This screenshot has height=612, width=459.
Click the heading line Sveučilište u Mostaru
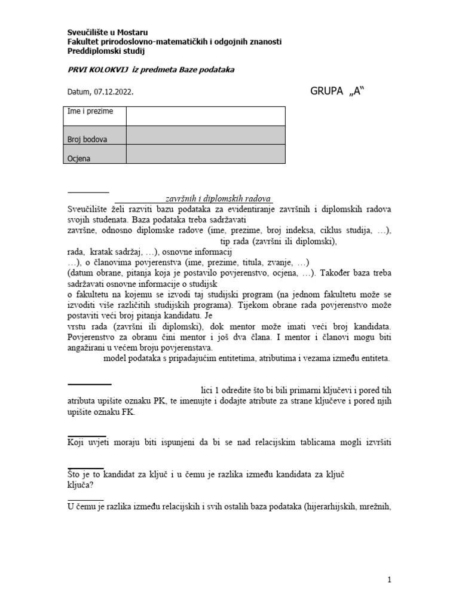click(106, 32)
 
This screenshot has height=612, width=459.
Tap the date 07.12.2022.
click(113, 93)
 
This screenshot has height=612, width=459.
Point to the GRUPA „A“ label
click(336, 93)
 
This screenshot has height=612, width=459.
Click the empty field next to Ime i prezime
click(205, 116)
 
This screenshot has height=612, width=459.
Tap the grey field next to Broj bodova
click(205, 136)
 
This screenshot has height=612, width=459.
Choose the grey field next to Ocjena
click(205, 155)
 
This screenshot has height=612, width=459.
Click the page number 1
click(389, 580)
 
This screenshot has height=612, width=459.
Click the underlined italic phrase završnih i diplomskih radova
click(218, 199)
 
